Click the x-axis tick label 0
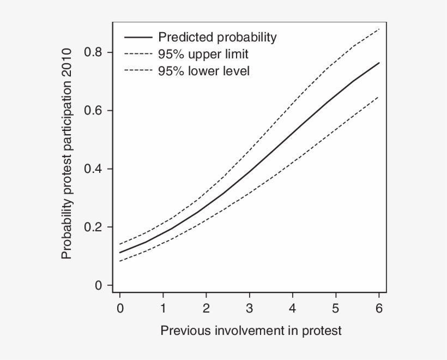click(120, 309)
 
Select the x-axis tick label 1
click(163, 309)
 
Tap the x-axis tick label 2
click(206, 309)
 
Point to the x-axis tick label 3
click(249, 309)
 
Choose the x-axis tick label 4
click(293, 309)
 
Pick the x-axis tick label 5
click(336, 309)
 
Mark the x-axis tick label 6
click(379, 309)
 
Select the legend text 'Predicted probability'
click(217, 38)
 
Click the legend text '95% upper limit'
click(203, 55)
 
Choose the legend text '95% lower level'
click(204, 71)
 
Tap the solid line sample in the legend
click(138, 38)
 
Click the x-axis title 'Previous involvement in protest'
click(251, 331)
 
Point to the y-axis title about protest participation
click(67, 154)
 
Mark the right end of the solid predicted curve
click(379, 63)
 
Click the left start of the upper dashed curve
click(120, 244)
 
